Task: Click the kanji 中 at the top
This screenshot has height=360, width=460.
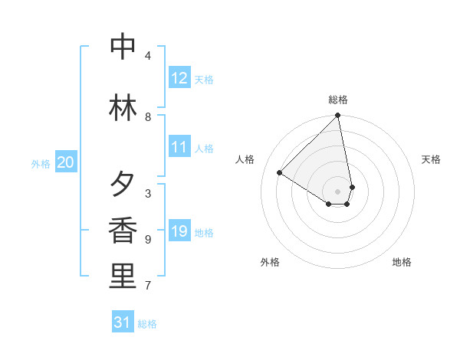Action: click(x=123, y=47)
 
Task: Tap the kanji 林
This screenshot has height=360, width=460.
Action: click(x=123, y=107)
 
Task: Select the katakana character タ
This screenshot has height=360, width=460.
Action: click(x=123, y=185)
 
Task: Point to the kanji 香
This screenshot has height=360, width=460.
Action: click(x=123, y=231)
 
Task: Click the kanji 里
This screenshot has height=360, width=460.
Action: click(x=123, y=277)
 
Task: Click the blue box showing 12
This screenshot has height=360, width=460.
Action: click(x=179, y=78)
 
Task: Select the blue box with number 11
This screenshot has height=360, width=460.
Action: click(x=179, y=147)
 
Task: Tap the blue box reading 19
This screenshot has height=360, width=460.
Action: click(x=179, y=231)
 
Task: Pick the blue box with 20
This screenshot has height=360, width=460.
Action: click(x=66, y=162)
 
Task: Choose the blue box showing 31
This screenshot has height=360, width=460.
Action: click(x=123, y=322)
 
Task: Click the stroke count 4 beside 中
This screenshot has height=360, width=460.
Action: click(x=148, y=56)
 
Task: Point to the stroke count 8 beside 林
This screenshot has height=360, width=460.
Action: click(x=148, y=117)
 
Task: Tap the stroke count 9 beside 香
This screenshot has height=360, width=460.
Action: click(x=148, y=240)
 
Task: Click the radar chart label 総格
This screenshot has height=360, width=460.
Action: click(x=338, y=100)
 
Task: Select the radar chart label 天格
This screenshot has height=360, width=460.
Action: click(x=431, y=159)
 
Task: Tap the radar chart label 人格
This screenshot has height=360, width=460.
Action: click(x=245, y=159)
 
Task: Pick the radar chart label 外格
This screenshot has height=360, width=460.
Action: click(x=270, y=262)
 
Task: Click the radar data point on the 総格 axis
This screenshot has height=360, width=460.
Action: click(x=338, y=116)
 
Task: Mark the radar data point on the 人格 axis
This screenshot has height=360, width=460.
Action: click(x=280, y=172)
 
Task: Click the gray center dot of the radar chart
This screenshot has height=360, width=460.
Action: click(x=338, y=191)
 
